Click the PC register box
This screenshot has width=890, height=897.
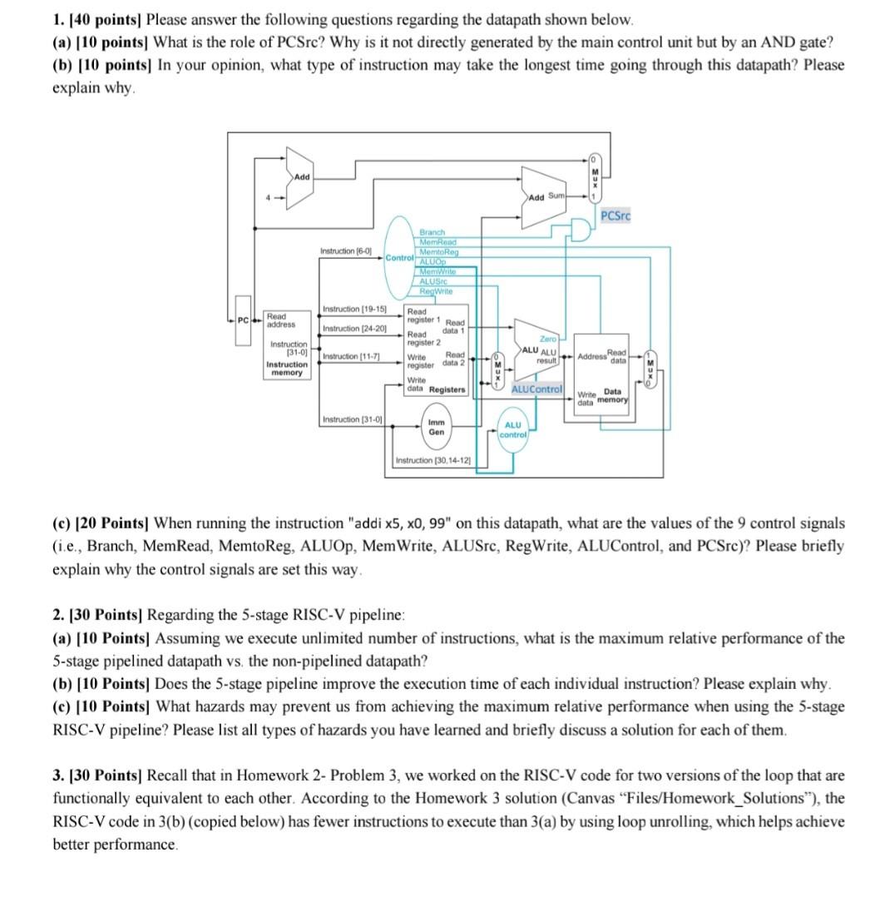(x=242, y=319)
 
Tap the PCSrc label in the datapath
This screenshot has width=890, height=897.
(x=616, y=216)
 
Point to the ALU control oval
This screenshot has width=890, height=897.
(x=513, y=429)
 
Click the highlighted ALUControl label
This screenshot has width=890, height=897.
(x=536, y=389)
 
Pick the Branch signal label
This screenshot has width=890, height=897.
(x=433, y=231)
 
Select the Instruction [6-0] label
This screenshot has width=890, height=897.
(x=346, y=250)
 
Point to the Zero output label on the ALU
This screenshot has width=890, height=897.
(x=547, y=339)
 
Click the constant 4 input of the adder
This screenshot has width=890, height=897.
(x=268, y=197)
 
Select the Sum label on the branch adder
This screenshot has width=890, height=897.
(x=556, y=196)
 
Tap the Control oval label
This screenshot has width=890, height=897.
(x=400, y=258)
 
